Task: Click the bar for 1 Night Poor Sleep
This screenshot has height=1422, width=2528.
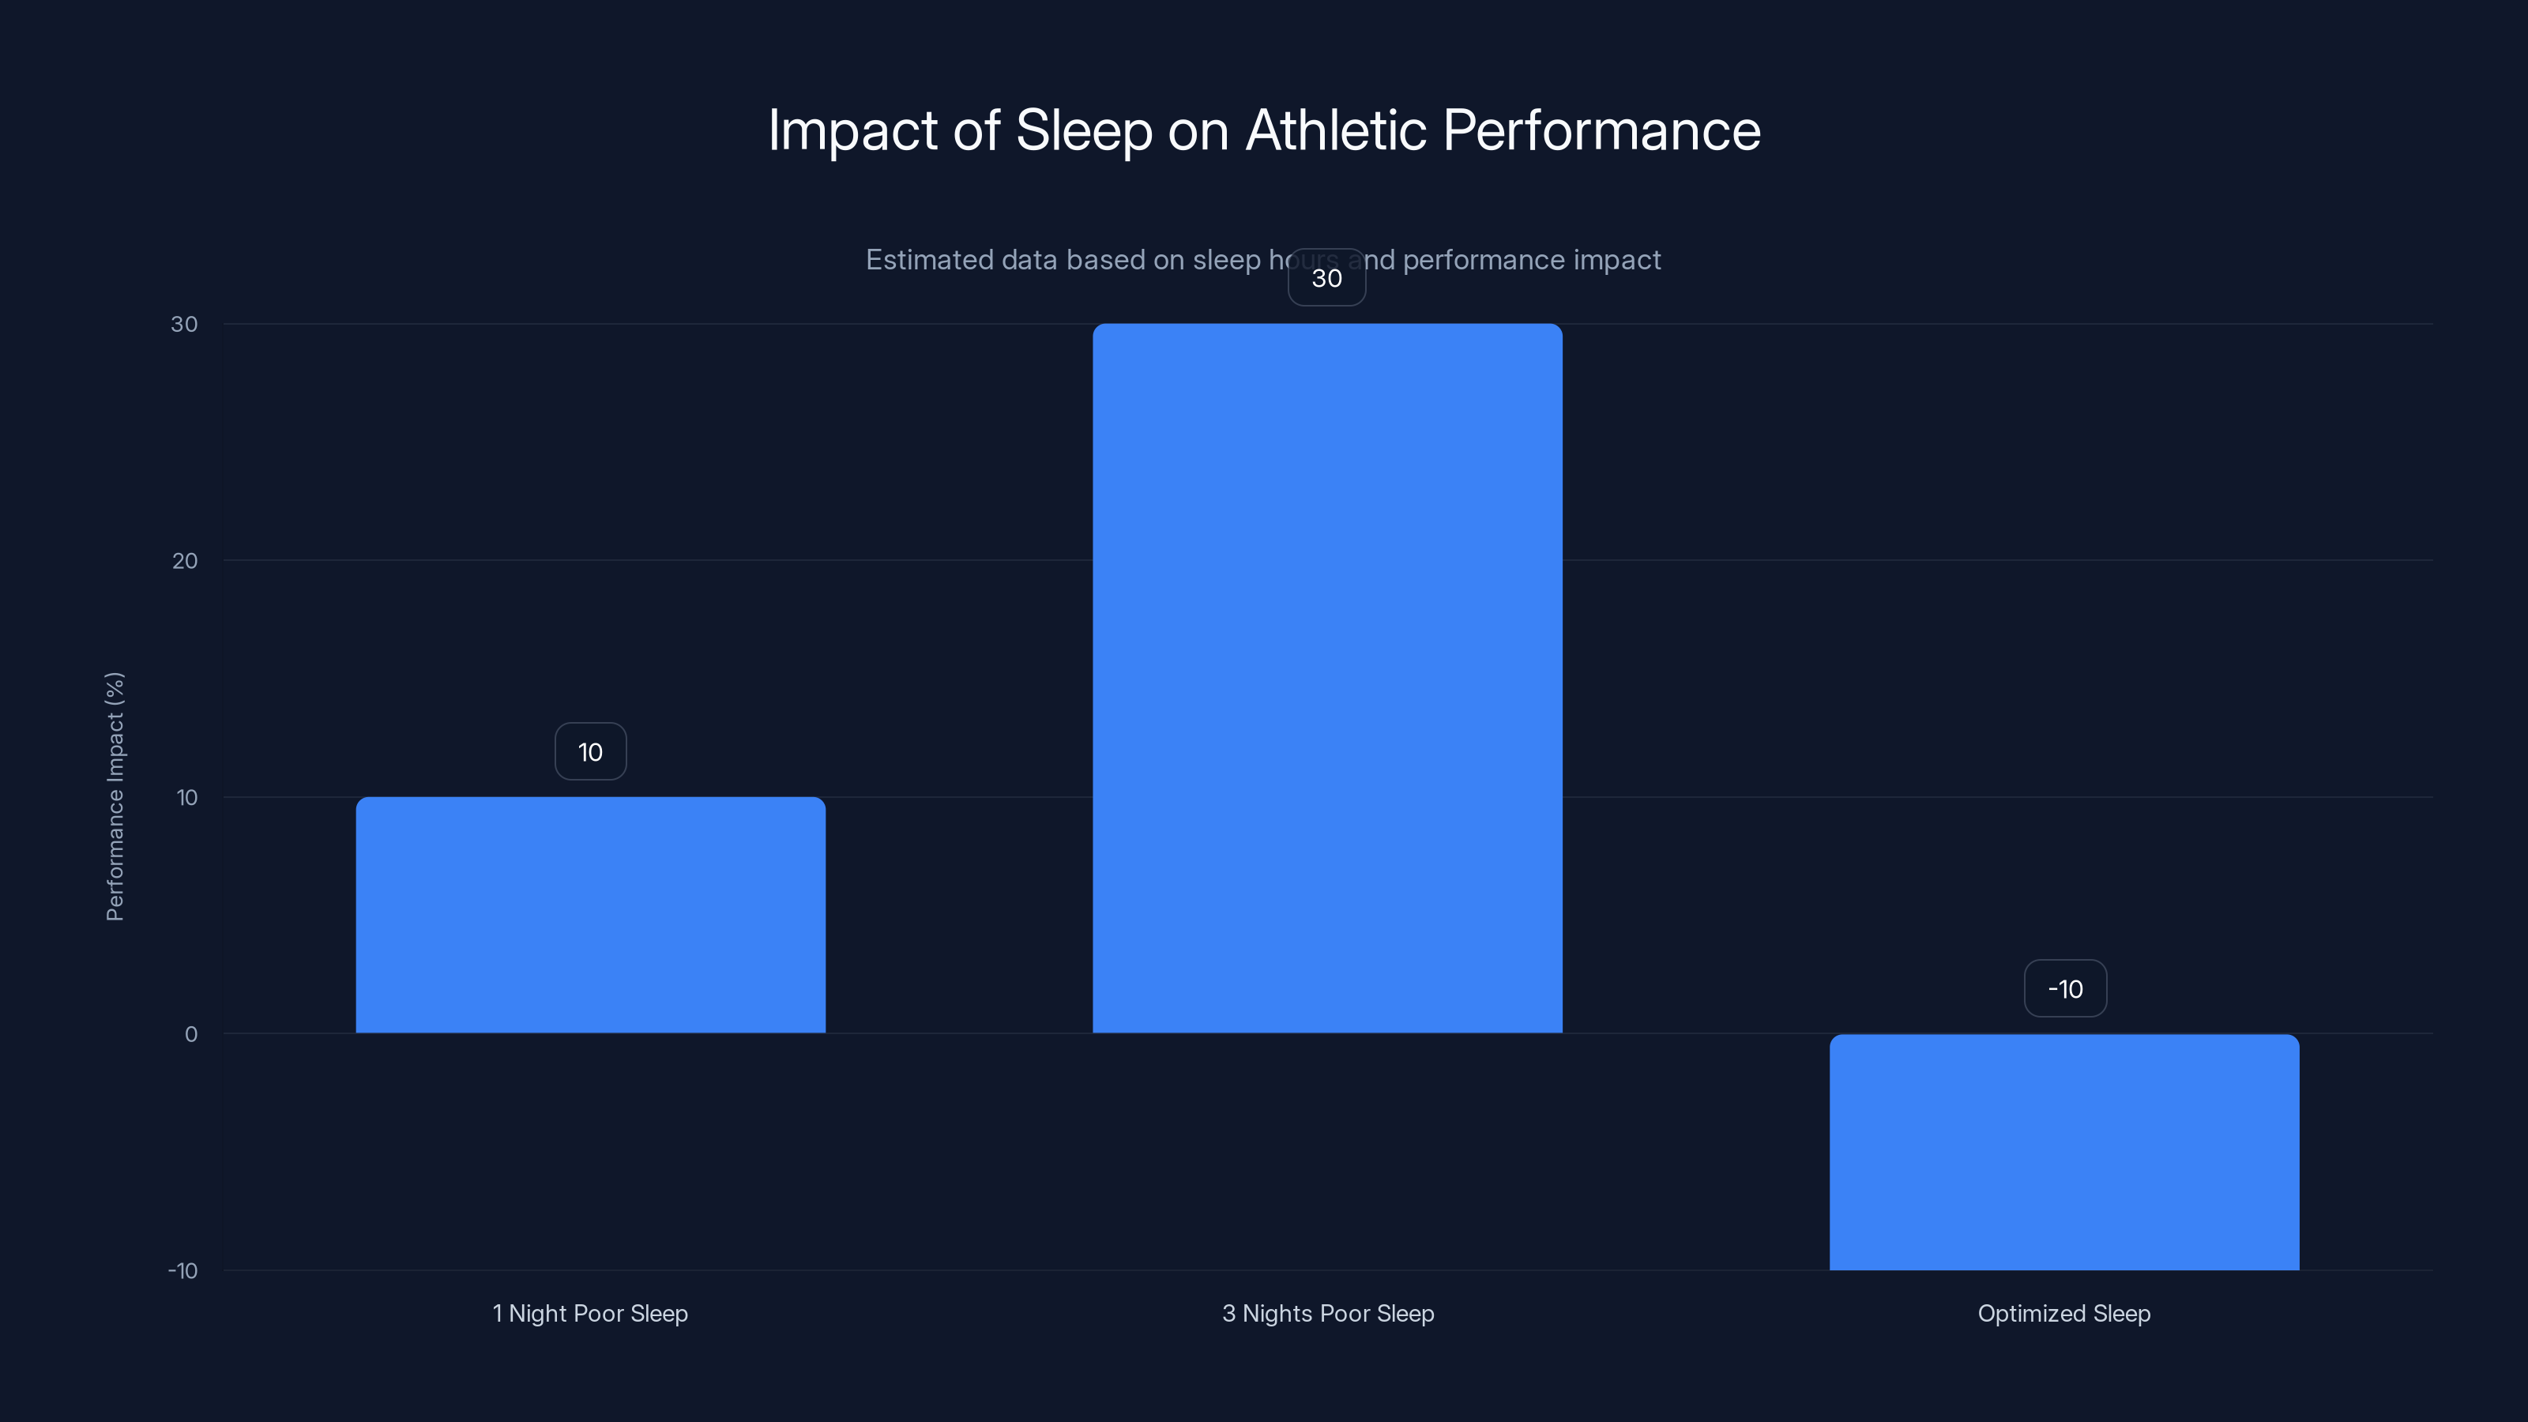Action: click(x=590, y=915)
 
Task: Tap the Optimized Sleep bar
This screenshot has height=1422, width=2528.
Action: click(x=2063, y=1151)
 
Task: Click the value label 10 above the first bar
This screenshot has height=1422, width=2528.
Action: click(x=590, y=752)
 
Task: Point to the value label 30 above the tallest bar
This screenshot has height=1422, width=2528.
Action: click(x=1327, y=278)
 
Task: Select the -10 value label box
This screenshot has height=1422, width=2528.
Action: click(x=2065, y=989)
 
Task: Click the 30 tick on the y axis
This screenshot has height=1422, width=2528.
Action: click(x=183, y=324)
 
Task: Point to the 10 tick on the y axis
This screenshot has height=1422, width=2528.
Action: click(x=186, y=797)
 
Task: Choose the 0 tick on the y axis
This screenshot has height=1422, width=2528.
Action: click(x=190, y=1033)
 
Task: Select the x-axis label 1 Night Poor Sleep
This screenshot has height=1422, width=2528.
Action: click(x=590, y=1313)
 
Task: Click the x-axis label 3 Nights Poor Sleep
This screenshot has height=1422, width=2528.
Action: click(x=1328, y=1313)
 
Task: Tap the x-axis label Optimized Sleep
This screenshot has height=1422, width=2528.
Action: click(x=2063, y=1313)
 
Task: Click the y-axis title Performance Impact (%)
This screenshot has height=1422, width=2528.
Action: click(x=115, y=796)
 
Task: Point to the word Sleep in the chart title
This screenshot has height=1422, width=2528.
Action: click(x=1083, y=130)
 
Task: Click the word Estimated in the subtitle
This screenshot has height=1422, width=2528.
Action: click(x=929, y=260)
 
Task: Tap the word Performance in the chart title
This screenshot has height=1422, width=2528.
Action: click(x=1601, y=130)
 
